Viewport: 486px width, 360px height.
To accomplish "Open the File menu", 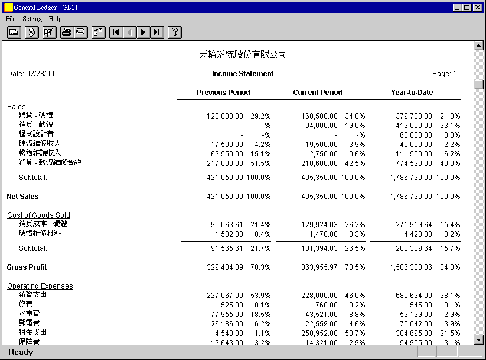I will point(11,19).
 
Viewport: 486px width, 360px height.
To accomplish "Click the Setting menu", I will point(32,19).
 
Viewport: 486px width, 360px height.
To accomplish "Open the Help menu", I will point(55,19).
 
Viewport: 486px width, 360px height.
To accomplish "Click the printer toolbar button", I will point(66,32).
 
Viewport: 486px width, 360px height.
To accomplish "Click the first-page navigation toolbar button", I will point(116,32).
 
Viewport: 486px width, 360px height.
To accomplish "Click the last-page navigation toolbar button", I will point(156,32).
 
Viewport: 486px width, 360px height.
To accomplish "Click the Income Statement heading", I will point(243,74).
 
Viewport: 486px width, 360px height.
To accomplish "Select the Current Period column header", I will point(318,93).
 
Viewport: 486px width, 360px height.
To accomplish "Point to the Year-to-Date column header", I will point(412,93).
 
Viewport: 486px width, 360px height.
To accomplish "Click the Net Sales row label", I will point(22,197).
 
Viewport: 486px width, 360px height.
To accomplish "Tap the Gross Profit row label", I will point(27,267).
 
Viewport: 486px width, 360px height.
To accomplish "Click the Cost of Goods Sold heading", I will point(38,215).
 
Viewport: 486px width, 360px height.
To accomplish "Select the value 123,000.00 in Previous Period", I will point(224,116).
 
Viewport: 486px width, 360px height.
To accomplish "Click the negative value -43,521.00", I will point(319,313).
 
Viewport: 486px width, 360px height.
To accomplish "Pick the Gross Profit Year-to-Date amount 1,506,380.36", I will point(410,267).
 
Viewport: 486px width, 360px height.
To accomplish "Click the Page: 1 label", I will point(444,74).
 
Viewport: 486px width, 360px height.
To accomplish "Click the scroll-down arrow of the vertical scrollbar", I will point(479,339).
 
